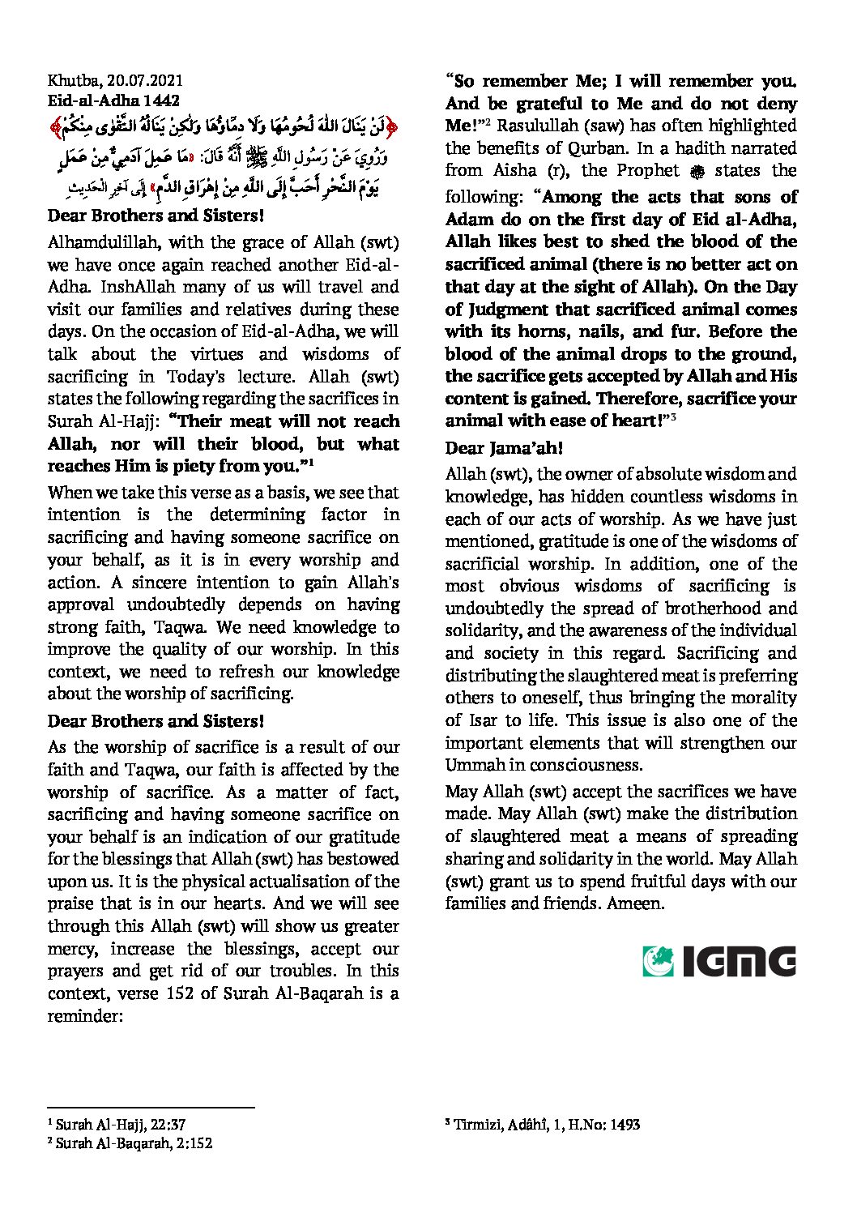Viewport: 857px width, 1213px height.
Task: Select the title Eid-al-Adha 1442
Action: [113, 101]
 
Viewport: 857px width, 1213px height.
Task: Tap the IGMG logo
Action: [719, 961]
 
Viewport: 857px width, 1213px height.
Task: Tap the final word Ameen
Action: [634, 903]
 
